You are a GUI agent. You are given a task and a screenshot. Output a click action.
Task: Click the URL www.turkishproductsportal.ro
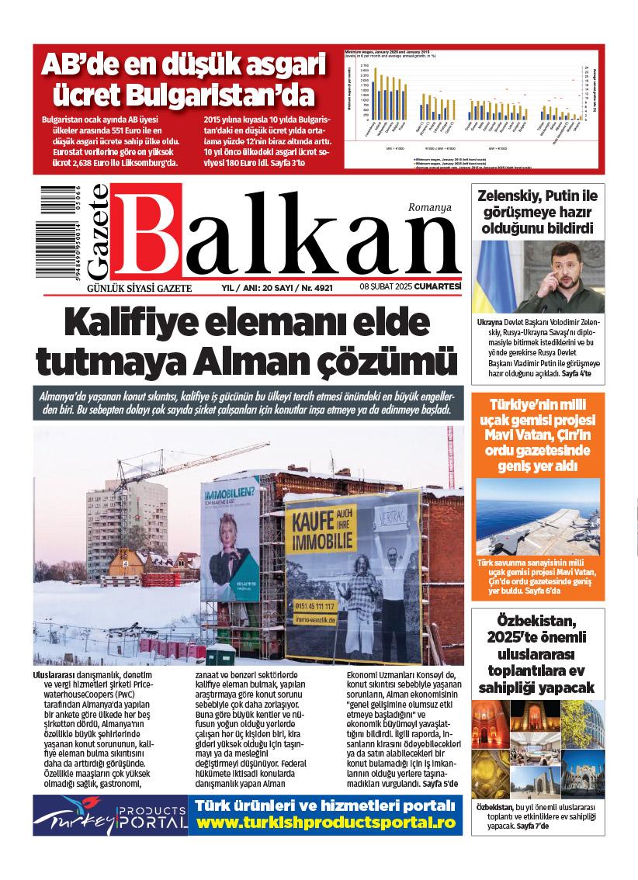tap(325, 824)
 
